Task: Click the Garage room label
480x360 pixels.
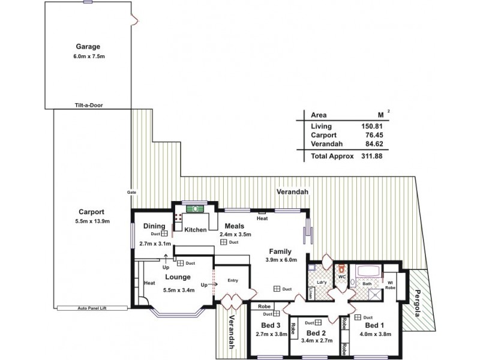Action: pos(88,46)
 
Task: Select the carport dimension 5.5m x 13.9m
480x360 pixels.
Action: pos(92,221)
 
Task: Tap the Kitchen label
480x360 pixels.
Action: pos(196,230)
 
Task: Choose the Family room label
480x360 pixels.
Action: pos(280,251)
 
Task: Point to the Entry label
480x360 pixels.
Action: pos(233,280)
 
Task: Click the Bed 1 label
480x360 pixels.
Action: pos(374,325)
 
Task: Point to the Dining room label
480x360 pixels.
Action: pos(154,226)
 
